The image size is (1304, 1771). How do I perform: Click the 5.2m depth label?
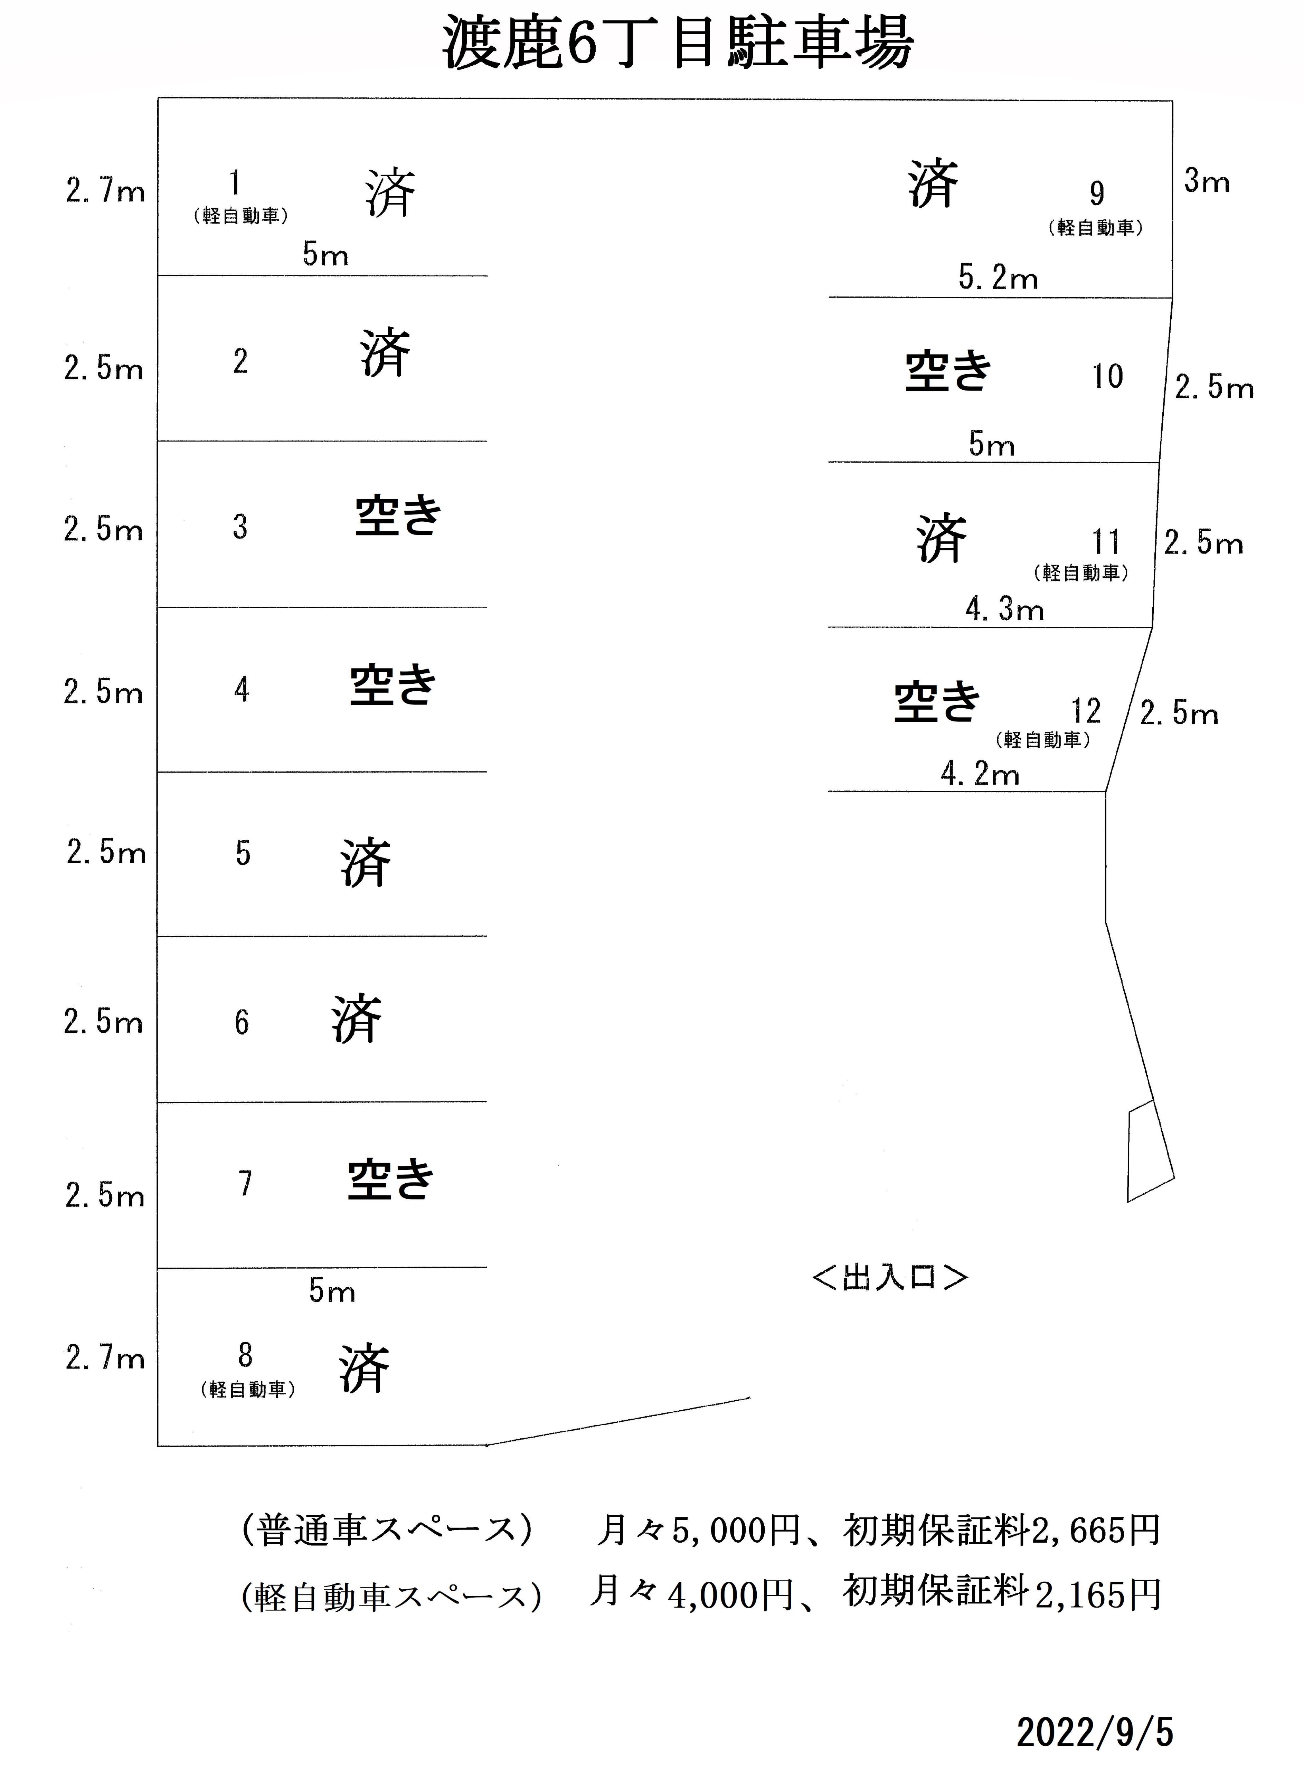pyautogui.click(x=999, y=278)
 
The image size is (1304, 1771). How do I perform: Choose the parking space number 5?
pyautogui.click(x=243, y=853)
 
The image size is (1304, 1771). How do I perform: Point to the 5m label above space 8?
pyautogui.click(x=331, y=1291)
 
